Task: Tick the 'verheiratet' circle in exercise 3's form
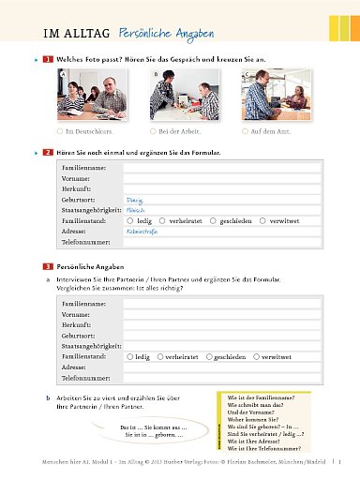(160, 357)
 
